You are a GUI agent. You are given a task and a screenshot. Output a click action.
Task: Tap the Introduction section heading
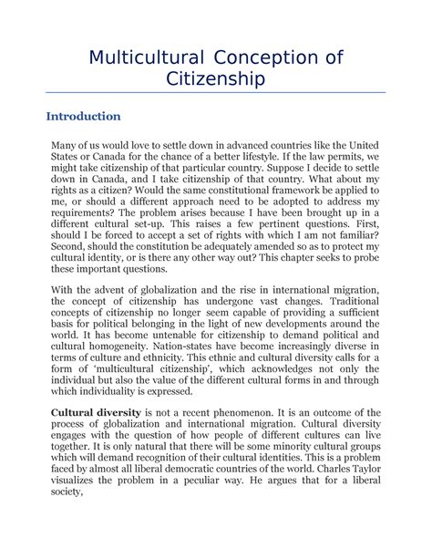coord(84,117)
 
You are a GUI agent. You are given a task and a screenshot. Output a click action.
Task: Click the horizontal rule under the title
coord(215,93)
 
